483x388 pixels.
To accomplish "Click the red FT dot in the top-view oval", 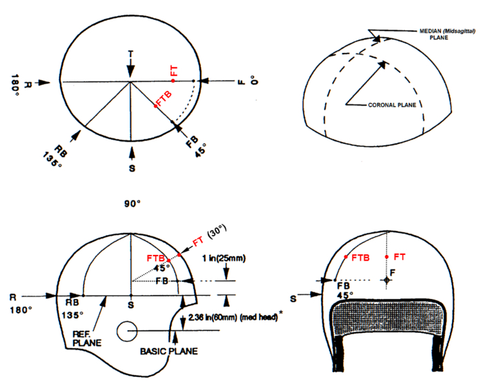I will pos(173,81).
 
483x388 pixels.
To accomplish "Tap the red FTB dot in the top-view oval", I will pos(156,105).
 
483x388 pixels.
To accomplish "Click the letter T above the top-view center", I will pos(130,53).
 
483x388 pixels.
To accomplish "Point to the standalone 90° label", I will pos(132,205).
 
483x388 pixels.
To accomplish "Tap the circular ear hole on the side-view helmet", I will pos(128,331).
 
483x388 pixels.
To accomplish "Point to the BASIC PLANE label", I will pos(169,351).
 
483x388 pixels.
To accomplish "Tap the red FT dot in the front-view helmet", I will pos(387,256).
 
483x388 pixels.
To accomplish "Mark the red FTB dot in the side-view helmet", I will pos(168,261).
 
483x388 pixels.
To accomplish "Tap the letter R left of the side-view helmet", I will pos(12,296).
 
